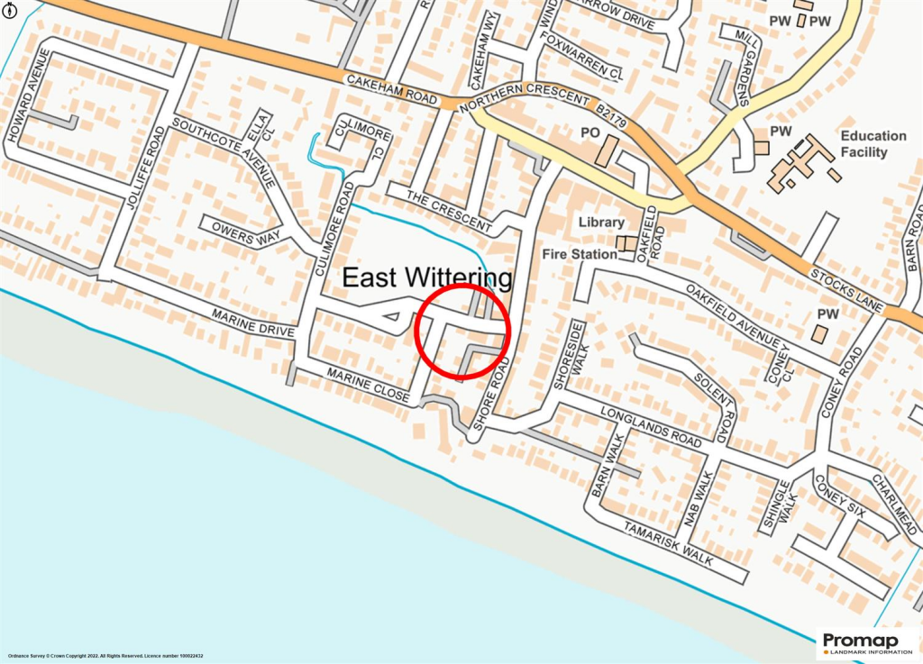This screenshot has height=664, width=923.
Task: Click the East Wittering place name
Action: point(427,277)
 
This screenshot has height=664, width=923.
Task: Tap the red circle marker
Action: point(463,330)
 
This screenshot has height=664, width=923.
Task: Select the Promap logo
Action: point(867,643)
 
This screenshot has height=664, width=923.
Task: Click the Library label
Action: point(601,222)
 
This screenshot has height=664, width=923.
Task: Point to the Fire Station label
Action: point(580,254)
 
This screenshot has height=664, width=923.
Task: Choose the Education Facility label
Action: point(873,144)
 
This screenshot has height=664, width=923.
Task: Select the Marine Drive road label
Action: point(253,323)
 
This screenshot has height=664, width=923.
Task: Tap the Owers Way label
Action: point(241,230)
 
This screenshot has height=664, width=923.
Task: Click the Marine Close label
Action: point(370,385)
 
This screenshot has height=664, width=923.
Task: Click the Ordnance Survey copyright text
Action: point(105,655)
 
